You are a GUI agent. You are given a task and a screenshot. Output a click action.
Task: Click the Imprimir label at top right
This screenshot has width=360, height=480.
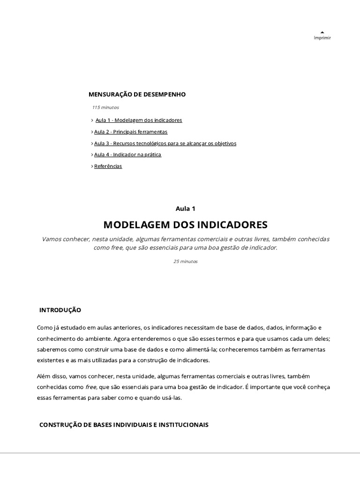(322, 38)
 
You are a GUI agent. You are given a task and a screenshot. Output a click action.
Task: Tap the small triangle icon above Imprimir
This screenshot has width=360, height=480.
(322, 32)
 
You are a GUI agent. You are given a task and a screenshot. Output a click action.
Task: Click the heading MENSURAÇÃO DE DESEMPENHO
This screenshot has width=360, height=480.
(137, 94)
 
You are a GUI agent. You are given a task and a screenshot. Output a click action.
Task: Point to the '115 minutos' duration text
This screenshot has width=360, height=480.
(105, 107)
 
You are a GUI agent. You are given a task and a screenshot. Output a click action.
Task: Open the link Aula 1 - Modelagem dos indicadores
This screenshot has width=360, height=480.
(139, 120)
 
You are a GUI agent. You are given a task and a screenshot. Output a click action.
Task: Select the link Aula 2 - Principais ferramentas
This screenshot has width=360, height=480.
(131, 132)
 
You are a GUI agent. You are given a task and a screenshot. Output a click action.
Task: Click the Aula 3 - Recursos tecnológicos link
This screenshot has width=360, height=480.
(165, 143)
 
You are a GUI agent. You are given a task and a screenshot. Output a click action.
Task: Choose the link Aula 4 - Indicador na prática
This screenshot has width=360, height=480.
(127, 155)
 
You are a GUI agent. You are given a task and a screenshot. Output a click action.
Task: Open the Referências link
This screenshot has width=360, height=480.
(108, 166)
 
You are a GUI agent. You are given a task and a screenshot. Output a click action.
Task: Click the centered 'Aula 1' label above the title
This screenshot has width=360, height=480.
(185, 209)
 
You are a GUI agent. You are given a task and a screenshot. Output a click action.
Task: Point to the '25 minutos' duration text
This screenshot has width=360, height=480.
(186, 262)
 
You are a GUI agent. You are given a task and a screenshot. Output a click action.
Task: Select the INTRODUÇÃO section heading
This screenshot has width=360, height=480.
(60, 310)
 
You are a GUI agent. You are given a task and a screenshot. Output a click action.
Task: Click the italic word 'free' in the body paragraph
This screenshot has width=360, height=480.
(90, 387)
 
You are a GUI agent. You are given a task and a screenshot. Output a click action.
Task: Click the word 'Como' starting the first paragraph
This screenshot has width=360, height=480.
(44, 327)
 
